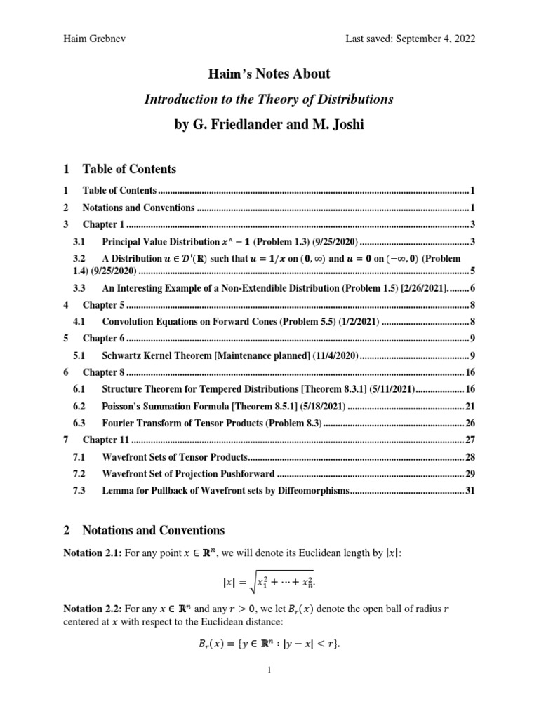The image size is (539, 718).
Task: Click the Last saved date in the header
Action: click(410, 39)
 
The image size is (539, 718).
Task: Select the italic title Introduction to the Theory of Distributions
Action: click(269, 100)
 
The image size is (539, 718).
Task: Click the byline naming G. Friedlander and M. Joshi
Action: click(269, 126)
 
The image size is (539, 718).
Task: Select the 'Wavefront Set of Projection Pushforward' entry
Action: click(188, 474)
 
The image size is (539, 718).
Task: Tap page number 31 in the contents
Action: click(470, 491)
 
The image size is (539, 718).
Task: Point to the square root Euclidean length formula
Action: click(269, 580)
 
